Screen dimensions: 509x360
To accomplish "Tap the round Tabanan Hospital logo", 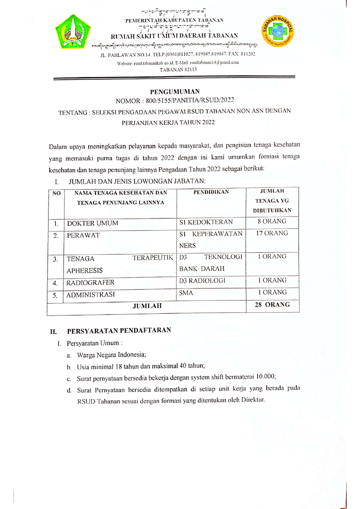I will (278, 31).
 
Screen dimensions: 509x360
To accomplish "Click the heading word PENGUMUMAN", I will (175, 92).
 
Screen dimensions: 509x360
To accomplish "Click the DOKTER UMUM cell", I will (93, 223).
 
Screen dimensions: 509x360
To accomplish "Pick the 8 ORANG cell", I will (272, 221).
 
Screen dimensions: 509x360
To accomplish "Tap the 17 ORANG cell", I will (272, 233).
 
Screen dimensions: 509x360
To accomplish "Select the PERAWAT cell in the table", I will (83, 235).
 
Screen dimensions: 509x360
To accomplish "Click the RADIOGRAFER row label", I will (90, 282).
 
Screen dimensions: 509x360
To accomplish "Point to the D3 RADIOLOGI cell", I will (202, 281).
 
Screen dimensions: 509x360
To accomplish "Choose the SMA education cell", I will (186, 293).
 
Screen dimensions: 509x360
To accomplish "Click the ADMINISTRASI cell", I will (91, 295).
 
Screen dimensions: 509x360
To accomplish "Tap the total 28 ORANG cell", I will (272, 305).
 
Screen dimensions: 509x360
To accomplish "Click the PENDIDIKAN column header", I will (211, 192).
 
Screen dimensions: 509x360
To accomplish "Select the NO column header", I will (56, 193).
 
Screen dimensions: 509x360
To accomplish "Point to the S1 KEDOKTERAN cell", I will (206, 222).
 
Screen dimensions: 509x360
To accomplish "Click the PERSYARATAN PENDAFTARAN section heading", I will (119, 331).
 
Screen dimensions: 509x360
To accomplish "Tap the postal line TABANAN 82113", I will (178, 70).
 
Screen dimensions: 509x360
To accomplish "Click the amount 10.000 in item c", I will (265, 377).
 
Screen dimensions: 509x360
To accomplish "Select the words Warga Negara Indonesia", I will (111, 355).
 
